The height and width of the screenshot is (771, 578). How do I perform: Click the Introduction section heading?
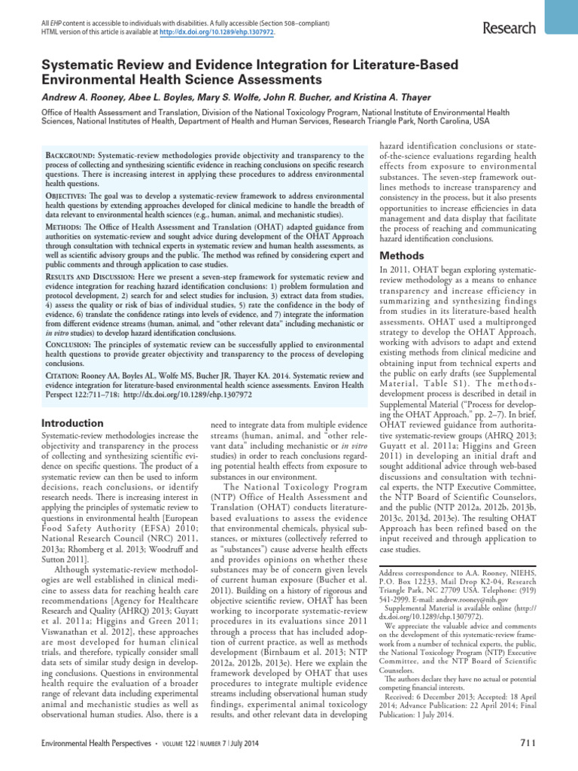(x=71, y=423)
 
